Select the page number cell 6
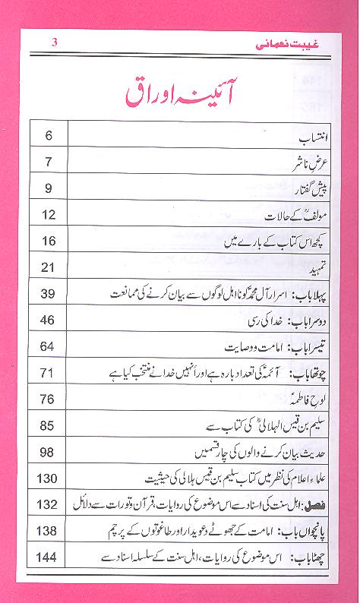pyautogui.click(x=48, y=137)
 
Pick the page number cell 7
pyautogui.click(x=48, y=163)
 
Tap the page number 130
pyautogui.click(x=48, y=478)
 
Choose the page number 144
pyautogui.click(x=48, y=557)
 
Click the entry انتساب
pyautogui.click(x=310, y=138)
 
